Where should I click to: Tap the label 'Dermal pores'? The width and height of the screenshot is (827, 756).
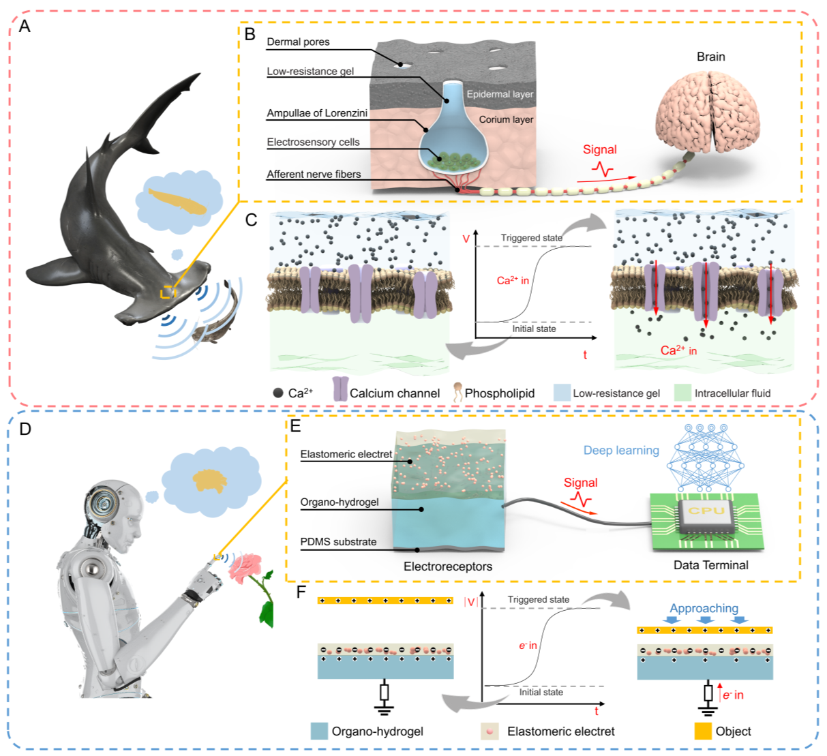coord(298,42)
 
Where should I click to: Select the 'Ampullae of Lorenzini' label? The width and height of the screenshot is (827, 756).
coord(317,113)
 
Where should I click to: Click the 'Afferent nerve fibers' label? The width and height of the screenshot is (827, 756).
coord(314,175)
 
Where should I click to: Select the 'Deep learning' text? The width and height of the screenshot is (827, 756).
coord(621,451)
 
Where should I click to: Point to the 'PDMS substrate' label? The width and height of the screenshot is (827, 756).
coord(338,542)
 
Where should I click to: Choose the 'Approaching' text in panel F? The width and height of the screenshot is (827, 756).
coord(704,608)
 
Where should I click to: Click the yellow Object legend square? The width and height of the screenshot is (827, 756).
coord(703,731)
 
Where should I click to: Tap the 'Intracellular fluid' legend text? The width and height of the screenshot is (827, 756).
coord(732,393)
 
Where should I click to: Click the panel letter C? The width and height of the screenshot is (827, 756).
coord(251,220)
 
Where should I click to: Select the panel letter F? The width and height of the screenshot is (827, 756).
coord(301,592)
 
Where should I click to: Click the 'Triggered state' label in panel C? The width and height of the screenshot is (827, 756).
coord(531,238)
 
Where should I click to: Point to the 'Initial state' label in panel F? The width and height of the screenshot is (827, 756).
coord(541,692)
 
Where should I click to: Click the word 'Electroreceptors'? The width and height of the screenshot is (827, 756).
coord(447,566)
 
